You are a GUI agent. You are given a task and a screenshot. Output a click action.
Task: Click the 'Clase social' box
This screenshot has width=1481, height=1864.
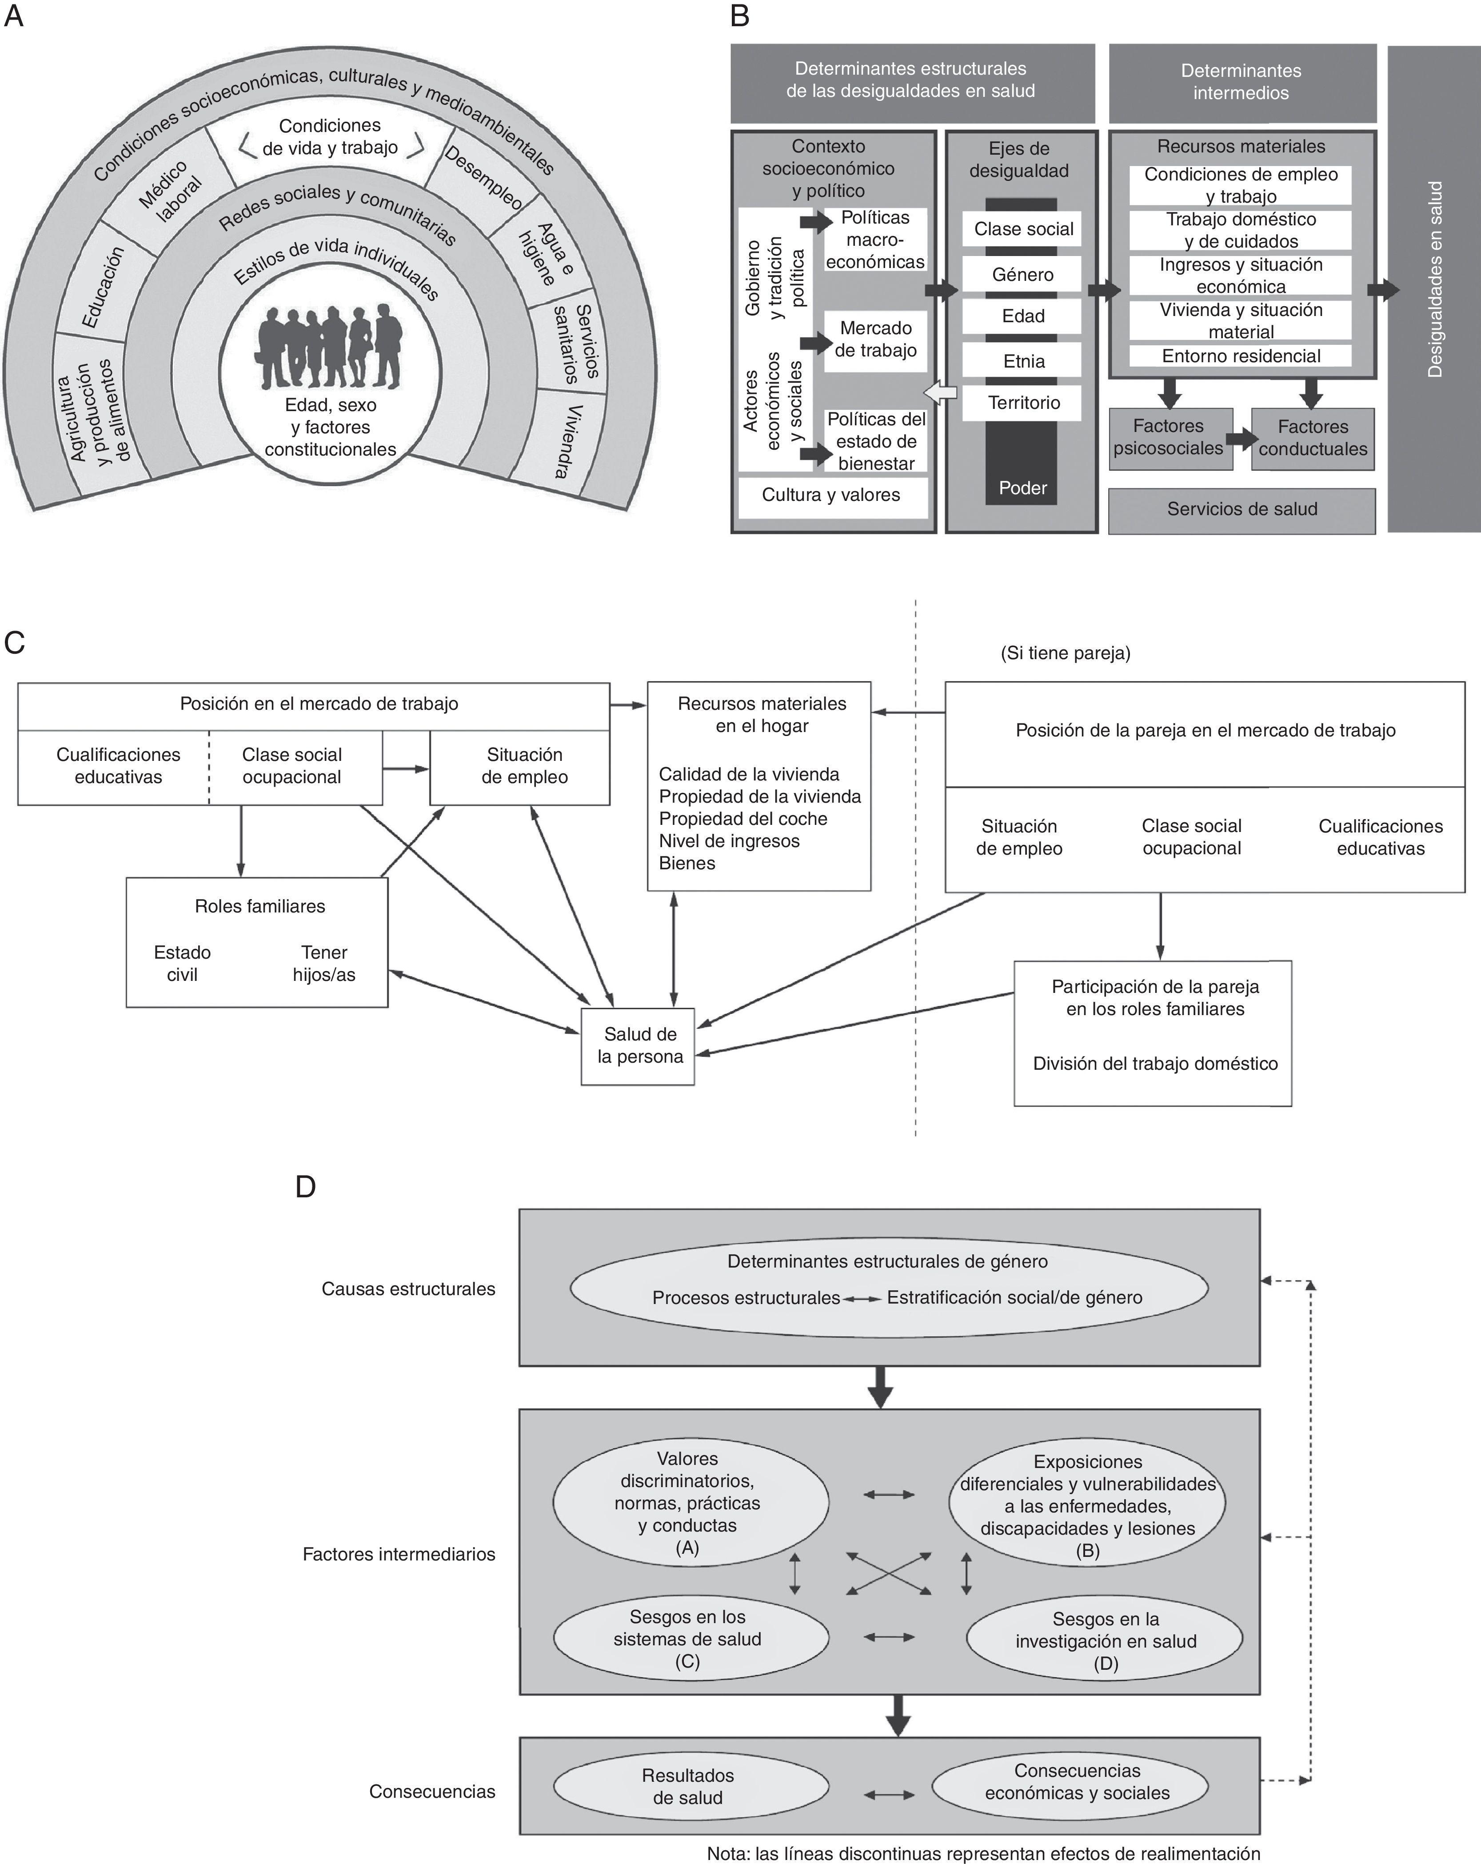click(1023, 229)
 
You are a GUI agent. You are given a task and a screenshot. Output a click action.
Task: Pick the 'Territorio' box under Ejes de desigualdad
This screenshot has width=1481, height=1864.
click(1023, 403)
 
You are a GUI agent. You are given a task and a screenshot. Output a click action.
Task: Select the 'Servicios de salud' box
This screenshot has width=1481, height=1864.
click(1241, 509)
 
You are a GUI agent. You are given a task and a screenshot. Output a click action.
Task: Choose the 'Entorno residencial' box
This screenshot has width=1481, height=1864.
click(1241, 356)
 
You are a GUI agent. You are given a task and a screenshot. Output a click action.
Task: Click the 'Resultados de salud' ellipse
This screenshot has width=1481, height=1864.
click(688, 1786)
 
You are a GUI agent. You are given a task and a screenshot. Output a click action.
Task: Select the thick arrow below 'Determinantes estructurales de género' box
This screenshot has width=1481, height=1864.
click(880, 1386)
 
